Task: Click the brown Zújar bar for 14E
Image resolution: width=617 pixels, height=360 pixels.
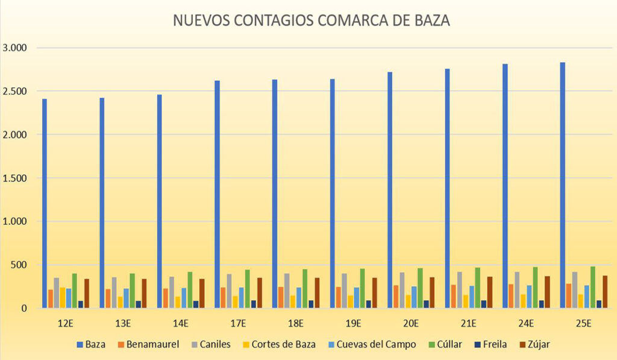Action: tap(202, 293)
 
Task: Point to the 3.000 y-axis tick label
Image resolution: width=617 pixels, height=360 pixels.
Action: tap(16, 48)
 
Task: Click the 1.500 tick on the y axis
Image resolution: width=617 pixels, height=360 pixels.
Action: tap(16, 178)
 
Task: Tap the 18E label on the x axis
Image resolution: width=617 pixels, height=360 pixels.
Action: tap(296, 323)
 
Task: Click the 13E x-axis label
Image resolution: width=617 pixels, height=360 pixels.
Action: tap(124, 323)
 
